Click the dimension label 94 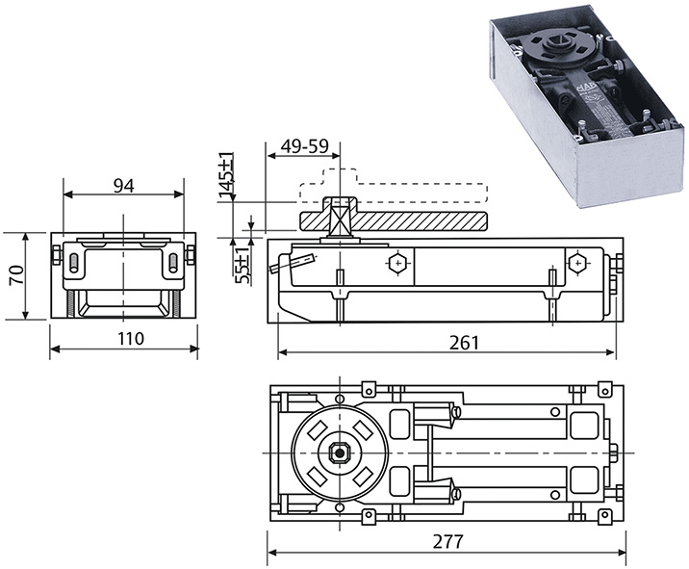[x=123, y=186]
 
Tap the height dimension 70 [x=14, y=276]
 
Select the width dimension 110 [x=124, y=338]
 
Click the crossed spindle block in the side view [x=340, y=220]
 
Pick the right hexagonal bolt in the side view [x=576, y=261]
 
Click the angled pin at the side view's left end [x=293, y=260]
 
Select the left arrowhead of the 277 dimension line [x=270, y=553]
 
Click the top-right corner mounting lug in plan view [x=604, y=389]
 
